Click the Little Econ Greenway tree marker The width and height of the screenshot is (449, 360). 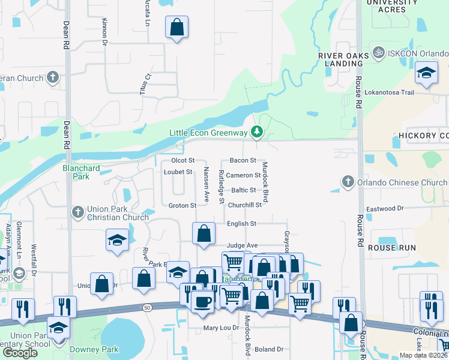point(257,131)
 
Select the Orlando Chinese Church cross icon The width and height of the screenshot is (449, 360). point(347,181)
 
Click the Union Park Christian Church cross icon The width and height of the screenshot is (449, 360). point(77,211)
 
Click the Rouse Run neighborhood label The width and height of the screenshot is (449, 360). point(391,248)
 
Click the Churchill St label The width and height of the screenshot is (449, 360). point(245,205)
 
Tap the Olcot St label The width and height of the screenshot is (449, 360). point(183,161)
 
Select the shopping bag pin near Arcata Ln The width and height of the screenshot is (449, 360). point(177,27)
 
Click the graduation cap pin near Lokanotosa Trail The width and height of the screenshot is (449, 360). point(427,73)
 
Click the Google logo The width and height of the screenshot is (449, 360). point(20,353)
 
